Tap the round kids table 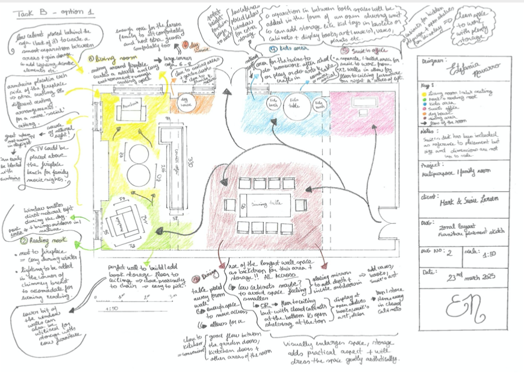pyautogui.click(x=296, y=106)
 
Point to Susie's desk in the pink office pyautogui.click(x=363, y=108)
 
